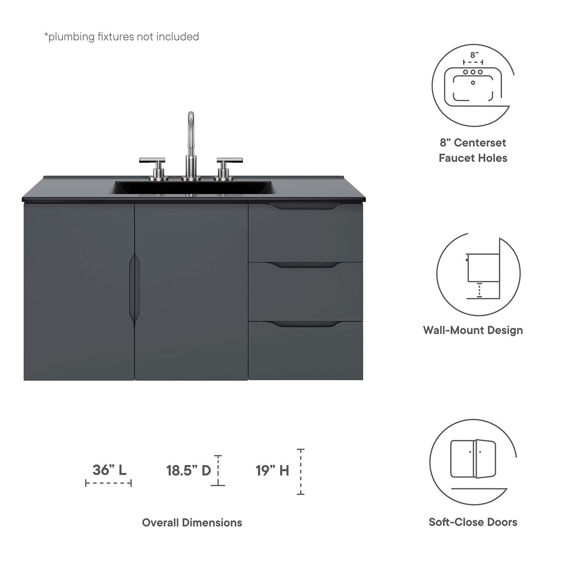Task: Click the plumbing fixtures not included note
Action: point(121,37)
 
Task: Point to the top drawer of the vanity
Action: point(305,234)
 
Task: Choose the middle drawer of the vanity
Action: point(305,292)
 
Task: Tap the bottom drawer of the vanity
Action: point(305,351)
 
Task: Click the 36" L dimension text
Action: point(109,470)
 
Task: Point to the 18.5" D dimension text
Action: point(189,471)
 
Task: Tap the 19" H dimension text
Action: point(272,471)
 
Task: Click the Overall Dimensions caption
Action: point(192,522)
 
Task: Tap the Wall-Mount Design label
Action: point(473,330)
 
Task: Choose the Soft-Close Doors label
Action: point(473,522)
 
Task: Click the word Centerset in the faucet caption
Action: point(480,143)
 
